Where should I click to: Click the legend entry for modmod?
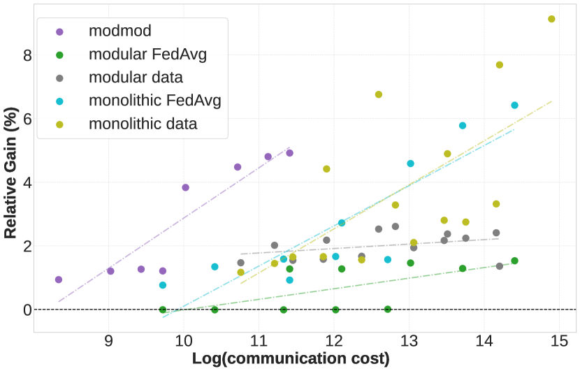(x=120, y=31)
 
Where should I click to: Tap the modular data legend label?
(x=136, y=77)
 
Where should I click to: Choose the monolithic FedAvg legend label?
(x=155, y=101)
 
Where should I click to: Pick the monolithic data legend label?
(x=143, y=124)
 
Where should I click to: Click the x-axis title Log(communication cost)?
(x=291, y=359)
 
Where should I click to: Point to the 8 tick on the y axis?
(x=27, y=55)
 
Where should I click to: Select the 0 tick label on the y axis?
(x=27, y=310)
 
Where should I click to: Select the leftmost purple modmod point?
(x=59, y=279)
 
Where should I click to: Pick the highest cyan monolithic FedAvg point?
(x=514, y=106)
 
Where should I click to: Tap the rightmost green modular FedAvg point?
(x=514, y=261)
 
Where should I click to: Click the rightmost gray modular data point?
(x=500, y=266)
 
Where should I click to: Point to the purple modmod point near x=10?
(x=185, y=187)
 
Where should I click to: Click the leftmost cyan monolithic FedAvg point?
(x=163, y=285)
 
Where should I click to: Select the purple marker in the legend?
(x=59, y=31)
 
